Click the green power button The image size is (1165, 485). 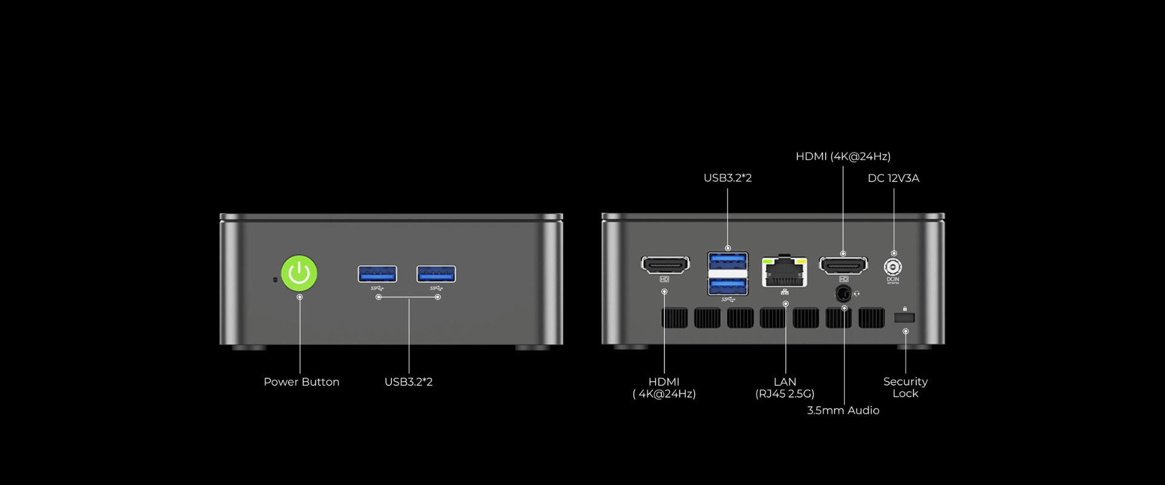point(299,273)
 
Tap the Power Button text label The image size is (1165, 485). point(302,382)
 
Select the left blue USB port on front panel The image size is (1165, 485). point(377,274)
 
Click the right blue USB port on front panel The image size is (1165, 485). point(436,274)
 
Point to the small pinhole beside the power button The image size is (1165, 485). point(275,279)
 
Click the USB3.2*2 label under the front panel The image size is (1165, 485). point(408,382)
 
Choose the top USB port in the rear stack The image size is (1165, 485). point(728,261)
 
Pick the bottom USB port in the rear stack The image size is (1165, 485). point(728,286)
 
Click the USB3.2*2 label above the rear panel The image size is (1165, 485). point(728,178)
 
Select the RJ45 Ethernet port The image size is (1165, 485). point(785,272)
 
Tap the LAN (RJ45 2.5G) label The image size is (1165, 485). point(785,387)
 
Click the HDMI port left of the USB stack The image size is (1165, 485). point(666,265)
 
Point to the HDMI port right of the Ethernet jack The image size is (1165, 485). point(843,265)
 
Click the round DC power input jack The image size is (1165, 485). point(893,267)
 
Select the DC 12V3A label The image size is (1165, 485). point(894,178)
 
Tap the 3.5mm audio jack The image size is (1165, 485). point(843,294)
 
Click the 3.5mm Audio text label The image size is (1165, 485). point(843,410)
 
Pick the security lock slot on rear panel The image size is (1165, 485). point(904,318)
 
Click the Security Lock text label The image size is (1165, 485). point(905,387)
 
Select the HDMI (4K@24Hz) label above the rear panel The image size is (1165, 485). point(843,156)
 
